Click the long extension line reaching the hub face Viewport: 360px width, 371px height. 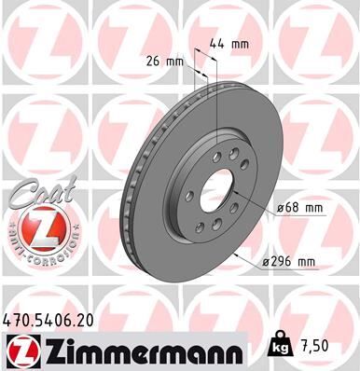coord(216,103)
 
